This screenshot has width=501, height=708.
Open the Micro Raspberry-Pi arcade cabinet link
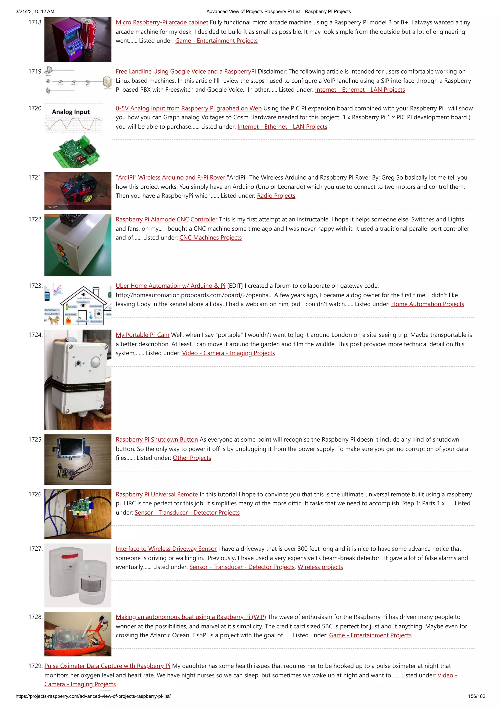click(x=162, y=22)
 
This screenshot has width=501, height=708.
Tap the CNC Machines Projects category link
click(x=211, y=238)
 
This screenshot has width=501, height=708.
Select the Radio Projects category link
click(x=276, y=196)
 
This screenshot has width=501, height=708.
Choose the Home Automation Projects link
click(x=428, y=304)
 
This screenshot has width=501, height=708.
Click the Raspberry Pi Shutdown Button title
click(x=157, y=440)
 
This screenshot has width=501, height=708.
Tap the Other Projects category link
click(x=192, y=458)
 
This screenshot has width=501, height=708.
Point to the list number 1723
click(x=35, y=286)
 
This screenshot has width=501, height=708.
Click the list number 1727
click(x=35, y=549)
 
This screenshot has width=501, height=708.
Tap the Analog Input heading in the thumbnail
click(x=71, y=112)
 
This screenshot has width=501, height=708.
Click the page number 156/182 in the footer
click(x=477, y=696)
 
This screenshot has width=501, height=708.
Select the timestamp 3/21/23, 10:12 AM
click(x=35, y=11)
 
